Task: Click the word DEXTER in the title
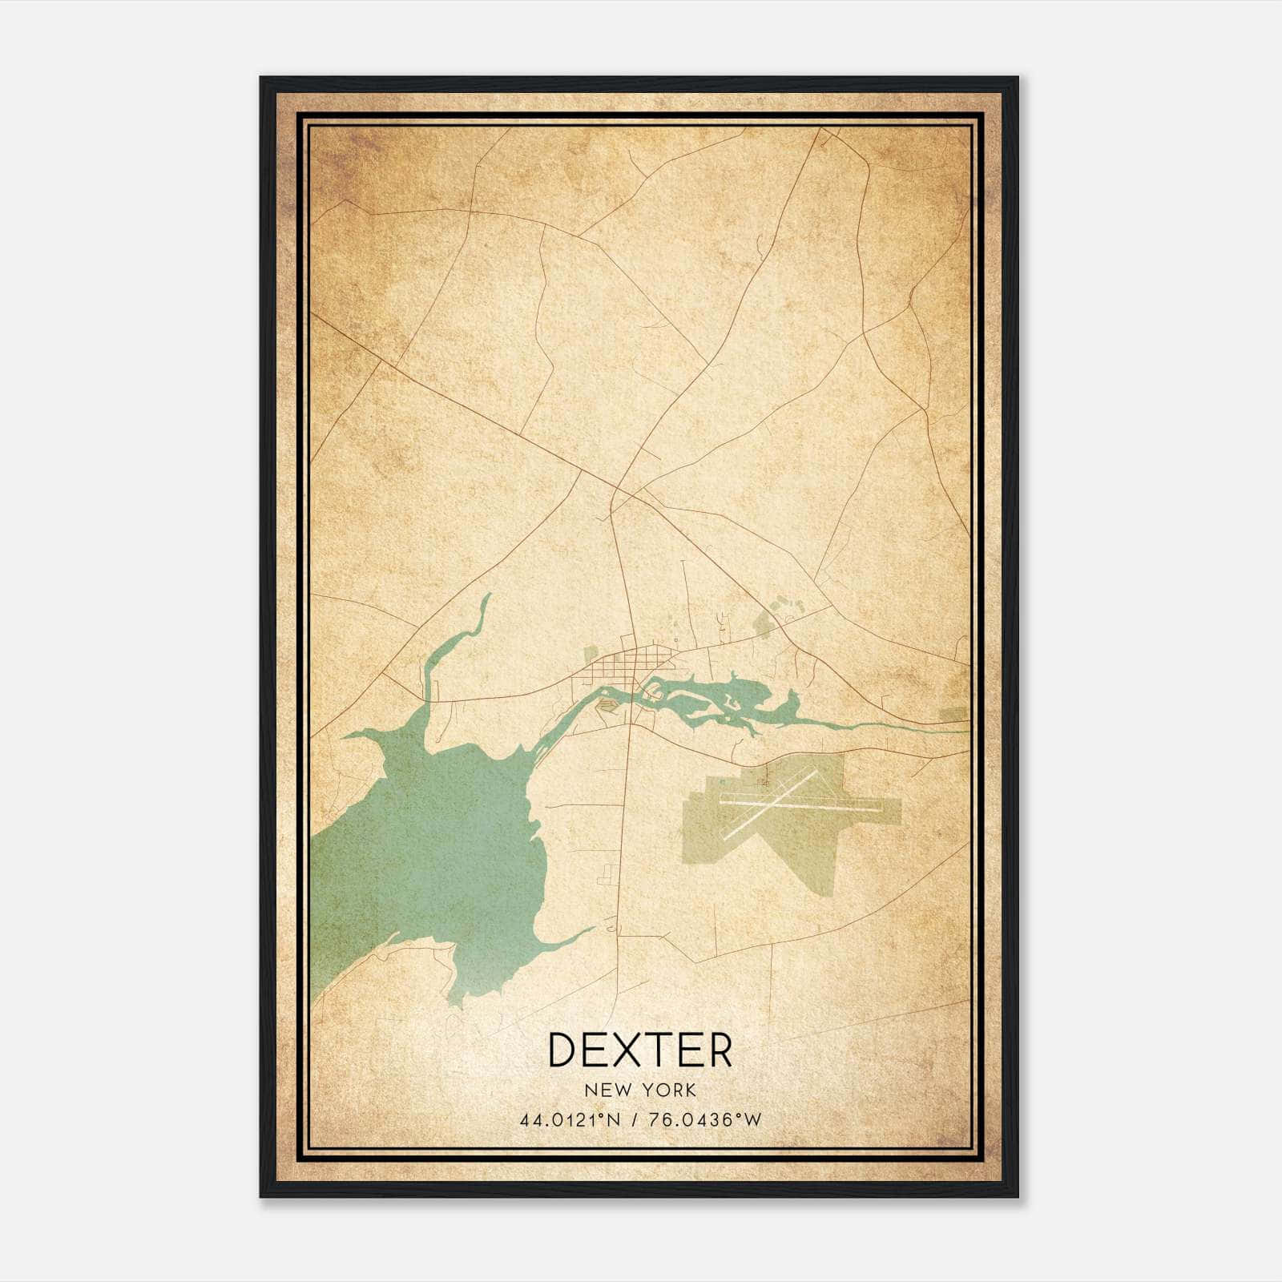639,1050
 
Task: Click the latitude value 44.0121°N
570,1120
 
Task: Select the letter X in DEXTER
639,1050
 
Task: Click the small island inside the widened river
731,704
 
